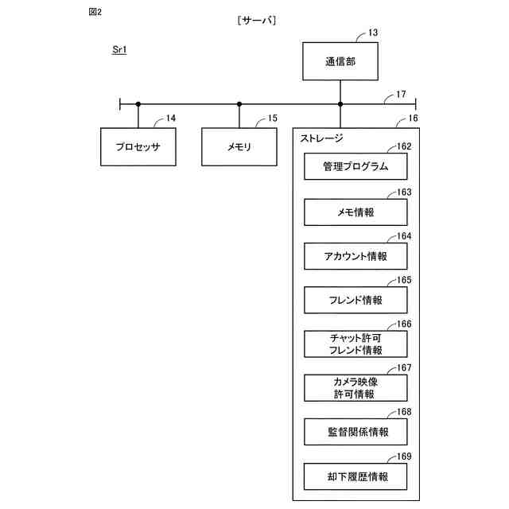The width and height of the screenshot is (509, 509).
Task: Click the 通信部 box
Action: point(340,62)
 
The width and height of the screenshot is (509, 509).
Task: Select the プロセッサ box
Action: point(138,146)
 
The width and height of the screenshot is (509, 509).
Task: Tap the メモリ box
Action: point(239,146)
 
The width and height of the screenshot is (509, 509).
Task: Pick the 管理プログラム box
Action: point(356,167)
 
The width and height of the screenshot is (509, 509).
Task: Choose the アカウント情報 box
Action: point(356,256)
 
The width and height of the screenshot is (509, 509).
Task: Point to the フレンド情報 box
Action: point(356,300)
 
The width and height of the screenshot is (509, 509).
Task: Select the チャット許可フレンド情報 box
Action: point(356,344)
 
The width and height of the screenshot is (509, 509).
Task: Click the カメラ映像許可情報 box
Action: point(356,388)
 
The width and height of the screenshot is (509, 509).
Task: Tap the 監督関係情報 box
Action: point(356,432)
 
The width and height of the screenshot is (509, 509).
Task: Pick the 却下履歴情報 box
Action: point(356,476)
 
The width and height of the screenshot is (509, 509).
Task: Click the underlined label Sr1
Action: point(120,50)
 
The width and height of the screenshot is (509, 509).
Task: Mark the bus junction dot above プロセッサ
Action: point(138,103)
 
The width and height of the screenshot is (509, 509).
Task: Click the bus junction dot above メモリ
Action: point(239,103)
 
